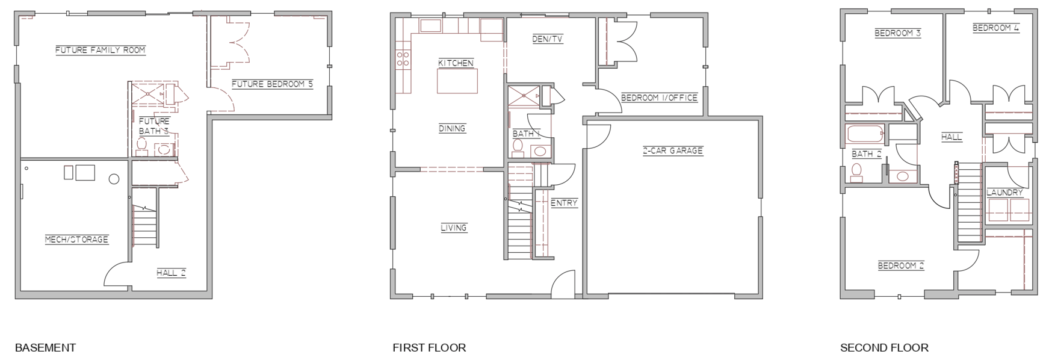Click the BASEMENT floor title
[45, 347]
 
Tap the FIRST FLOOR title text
[429, 347]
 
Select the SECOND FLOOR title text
[884, 347]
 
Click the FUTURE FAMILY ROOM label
[101, 50]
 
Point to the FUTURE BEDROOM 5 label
[272, 84]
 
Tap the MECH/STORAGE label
[76, 240]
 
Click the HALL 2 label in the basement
[172, 273]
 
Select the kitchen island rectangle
[457, 81]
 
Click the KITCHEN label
[456, 63]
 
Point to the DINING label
[452, 128]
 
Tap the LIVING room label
[454, 228]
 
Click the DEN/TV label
[548, 39]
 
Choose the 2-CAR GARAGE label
[673, 151]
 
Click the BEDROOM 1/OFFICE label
[659, 98]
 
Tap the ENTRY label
[564, 203]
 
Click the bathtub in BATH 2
[865, 135]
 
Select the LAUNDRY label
[1005, 193]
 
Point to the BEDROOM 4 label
[996, 28]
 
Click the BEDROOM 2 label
[901, 265]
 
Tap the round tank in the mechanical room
[114, 179]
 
